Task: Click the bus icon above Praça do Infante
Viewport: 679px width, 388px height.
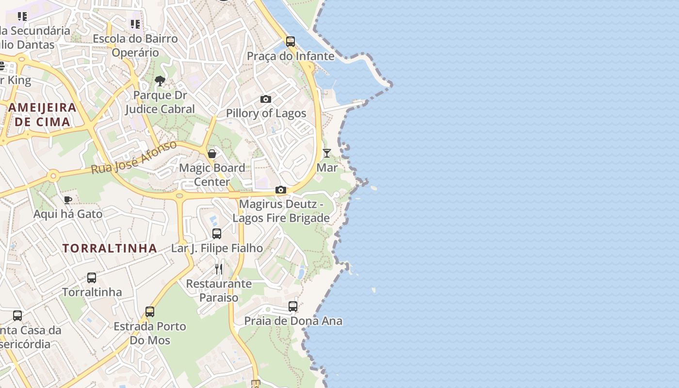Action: pyautogui.click(x=291, y=42)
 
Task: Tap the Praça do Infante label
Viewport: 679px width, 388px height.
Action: pyautogui.click(x=291, y=56)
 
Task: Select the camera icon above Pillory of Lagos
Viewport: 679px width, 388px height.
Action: pyautogui.click(x=266, y=99)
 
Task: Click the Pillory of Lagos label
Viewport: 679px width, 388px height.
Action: pyautogui.click(x=266, y=113)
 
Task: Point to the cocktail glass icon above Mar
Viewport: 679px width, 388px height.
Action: pyautogui.click(x=327, y=153)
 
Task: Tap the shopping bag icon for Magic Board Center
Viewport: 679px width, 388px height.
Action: pyautogui.click(x=212, y=154)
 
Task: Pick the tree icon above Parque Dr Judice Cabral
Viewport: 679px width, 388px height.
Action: pyautogui.click(x=160, y=81)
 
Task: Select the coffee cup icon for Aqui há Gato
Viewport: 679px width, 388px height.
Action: pyautogui.click(x=68, y=200)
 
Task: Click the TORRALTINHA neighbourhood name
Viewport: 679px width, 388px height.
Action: pyautogui.click(x=110, y=248)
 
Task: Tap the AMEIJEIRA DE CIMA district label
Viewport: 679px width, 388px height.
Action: pyautogui.click(x=43, y=114)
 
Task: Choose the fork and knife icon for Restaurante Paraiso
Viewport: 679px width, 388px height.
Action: pyautogui.click(x=219, y=269)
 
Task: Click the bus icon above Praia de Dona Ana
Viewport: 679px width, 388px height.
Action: pyautogui.click(x=293, y=307)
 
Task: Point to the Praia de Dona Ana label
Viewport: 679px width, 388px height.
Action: pyautogui.click(x=293, y=321)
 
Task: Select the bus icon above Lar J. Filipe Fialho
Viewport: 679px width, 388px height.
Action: pyautogui.click(x=217, y=234)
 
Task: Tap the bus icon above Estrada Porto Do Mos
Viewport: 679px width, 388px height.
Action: pyautogui.click(x=150, y=312)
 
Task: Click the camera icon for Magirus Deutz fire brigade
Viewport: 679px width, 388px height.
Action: pyautogui.click(x=281, y=190)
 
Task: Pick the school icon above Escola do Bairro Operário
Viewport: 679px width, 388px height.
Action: pyautogui.click(x=135, y=24)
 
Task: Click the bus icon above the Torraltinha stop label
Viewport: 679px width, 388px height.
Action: pyautogui.click(x=92, y=278)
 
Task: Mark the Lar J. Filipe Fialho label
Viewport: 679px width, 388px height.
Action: pyautogui.click(x=217, y=248)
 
